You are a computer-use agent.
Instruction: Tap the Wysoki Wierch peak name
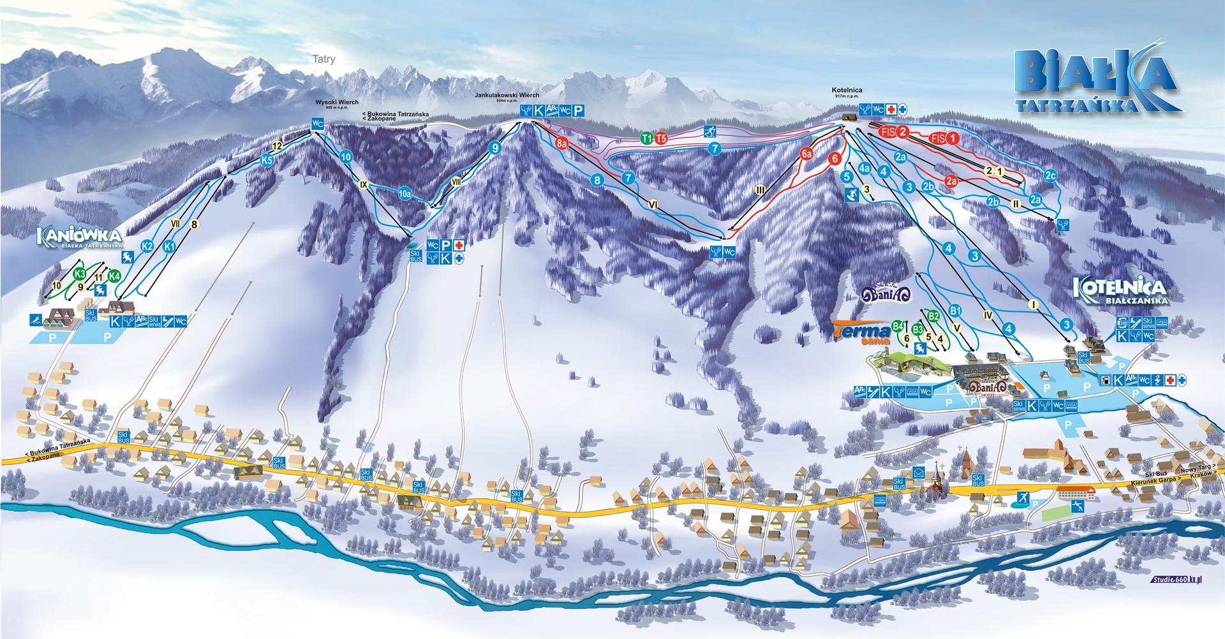336,102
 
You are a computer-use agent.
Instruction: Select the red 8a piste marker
561,143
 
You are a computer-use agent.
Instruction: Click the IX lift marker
364,184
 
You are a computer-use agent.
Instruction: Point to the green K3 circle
80,274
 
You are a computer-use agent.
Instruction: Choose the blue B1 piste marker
955,311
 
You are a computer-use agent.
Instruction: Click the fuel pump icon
1105,380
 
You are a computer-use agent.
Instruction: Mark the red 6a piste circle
807,153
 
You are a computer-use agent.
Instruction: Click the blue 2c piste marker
1050,175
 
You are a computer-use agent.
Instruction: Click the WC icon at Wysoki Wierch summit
318,123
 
